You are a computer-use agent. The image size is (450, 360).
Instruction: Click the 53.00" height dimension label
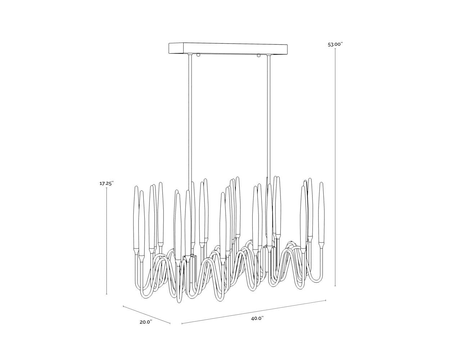coord(335,45)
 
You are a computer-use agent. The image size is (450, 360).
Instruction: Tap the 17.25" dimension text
coord(107,183)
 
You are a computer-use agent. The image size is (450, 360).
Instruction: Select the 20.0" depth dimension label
coord(146,322)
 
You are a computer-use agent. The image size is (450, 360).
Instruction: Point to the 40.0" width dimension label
coord(257,318)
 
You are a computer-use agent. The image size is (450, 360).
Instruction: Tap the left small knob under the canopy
coord(198,55)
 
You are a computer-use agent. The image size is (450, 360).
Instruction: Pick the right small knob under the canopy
coord(258,56)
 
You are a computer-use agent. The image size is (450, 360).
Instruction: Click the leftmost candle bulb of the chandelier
coord(136,216)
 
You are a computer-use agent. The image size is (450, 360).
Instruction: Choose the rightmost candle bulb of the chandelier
coord(321,212)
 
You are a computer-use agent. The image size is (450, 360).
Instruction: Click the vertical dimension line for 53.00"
coord(336,162)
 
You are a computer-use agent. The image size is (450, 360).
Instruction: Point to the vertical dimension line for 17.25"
coord(107,241)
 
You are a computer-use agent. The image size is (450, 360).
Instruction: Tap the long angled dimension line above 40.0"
coord(254,312)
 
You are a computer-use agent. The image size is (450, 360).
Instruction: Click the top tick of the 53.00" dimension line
coord(336,49)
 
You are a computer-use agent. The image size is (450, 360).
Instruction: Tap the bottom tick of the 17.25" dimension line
coord(107,294)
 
